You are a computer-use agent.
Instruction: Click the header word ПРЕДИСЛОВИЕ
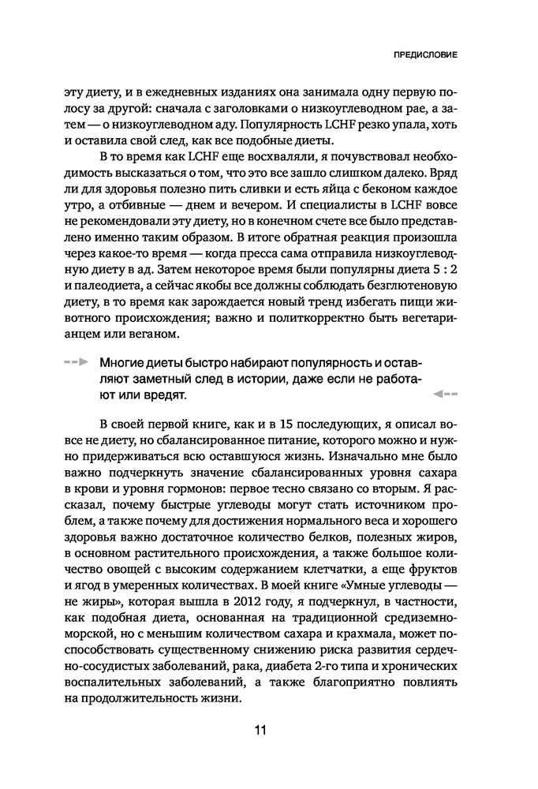[x=426, y=56]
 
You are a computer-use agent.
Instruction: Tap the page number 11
[x=260, y=729]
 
